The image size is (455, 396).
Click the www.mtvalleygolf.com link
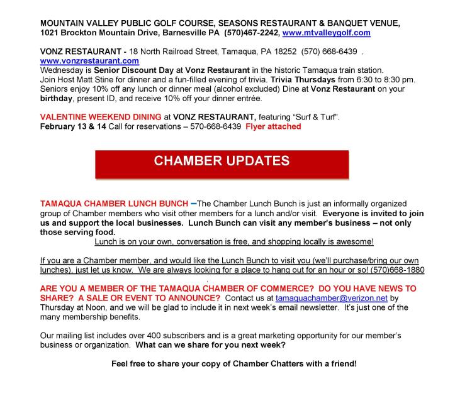click(327, 33)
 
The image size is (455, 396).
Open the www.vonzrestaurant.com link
click(89, 61)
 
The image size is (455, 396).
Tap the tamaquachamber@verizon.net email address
click(329, 298)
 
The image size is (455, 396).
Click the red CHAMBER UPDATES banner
click(222, 161)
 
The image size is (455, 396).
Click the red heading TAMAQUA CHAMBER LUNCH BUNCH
click(113, 204)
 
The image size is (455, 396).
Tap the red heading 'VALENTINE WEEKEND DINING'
click(96, 117)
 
